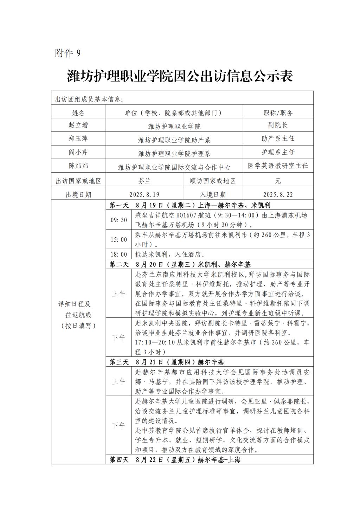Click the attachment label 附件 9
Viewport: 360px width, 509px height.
pyautogui.click(x=68, y=53)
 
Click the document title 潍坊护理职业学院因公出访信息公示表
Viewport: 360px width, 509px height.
pyautogui.click(x=180, y=76)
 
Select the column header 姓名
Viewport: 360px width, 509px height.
pyautogui.click(x=78, y=113)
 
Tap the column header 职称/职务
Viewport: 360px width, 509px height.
pyautogui.click(x=278, y=113)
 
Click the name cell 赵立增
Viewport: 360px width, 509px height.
pyautogui.click(x=78, y=125)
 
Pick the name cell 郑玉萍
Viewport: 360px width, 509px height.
pyautogui.click(x=78, y=138)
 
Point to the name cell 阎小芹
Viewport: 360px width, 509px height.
pyautogui.click(x=78, y=152)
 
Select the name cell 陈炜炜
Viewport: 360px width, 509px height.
pyautogui.click(x=78, y=166)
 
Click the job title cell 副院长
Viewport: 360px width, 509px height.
pyautogui.click(x=278, y=125)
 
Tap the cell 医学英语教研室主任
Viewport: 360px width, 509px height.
pyautogui.click(x=278, y=166)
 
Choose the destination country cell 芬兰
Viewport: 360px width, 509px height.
pyautogui.click(x=144, y=181)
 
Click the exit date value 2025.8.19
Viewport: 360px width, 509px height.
pyautogui.click(x=144, y=195)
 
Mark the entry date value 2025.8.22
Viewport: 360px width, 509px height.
pyautogui.click(x=278, y=195)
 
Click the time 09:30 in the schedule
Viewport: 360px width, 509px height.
pyautogui.click(x=119, y=220)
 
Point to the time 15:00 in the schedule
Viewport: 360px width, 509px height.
pyautogui.click(x=119, y=239)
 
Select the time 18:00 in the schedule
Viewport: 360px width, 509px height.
pyautogui.click(x=119, y=254)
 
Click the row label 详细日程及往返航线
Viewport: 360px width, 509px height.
pyautogui.click(x=78, y=315)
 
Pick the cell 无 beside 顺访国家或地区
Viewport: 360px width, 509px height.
pyautogui.click(x=278, y=181)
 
